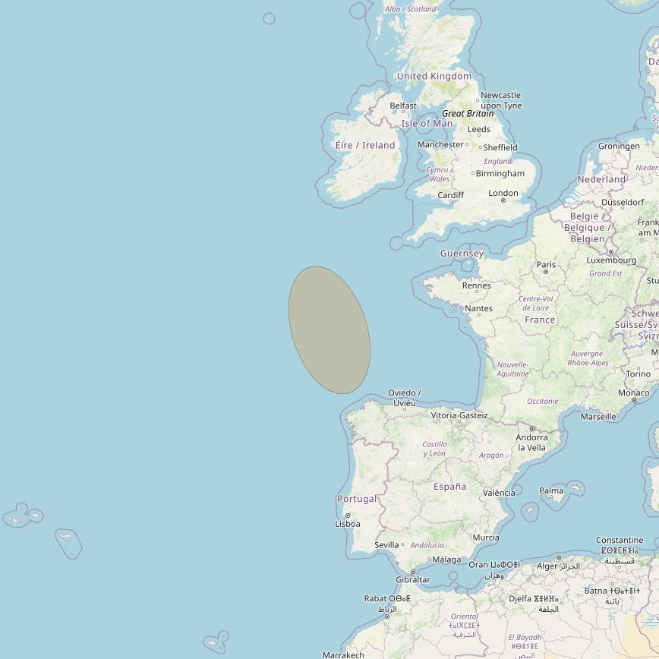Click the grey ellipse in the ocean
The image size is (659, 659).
pos(329,329)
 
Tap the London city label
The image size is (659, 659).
pos(503,193)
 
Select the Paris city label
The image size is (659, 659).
pos(546,265)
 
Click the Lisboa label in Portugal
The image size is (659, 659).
pos(348,524)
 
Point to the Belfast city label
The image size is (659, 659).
pos(403,106)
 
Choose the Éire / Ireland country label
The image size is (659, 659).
pos(365,145)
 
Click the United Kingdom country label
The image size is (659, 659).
pos(434,76)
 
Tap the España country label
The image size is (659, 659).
pos(449,486)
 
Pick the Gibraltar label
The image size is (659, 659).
pos(413,579)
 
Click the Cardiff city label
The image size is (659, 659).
pos(451,195)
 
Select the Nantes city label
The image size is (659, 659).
pos(478,308)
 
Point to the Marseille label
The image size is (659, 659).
pos(598,416)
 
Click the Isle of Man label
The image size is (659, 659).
pos(427,123)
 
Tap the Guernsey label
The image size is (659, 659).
pos(462,254)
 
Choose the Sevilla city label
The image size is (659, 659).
pos(386,545)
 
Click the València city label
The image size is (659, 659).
pos(499,493)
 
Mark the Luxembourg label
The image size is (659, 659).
pos(611,260)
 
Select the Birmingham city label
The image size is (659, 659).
pos(500,173)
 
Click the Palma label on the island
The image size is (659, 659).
pos(551,490)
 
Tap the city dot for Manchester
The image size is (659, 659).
pos(466,144)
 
